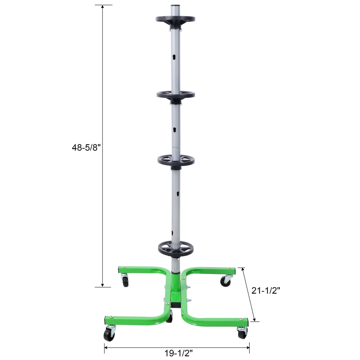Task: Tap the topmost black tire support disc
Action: pos(175,20)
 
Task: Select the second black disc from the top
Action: pos(176,95)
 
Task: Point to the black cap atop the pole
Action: pos(175,5)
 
